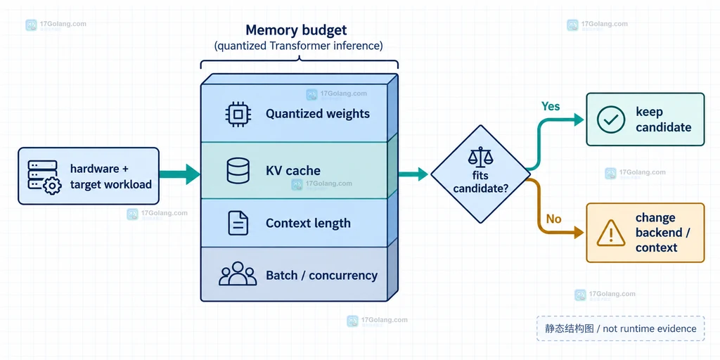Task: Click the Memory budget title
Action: point(296,30)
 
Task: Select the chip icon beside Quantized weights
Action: point(238,114)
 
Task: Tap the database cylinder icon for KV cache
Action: point(238,171)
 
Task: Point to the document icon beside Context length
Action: point(238,223)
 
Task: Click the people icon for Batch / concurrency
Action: point(238,274)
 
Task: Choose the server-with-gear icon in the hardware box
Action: point(44,177)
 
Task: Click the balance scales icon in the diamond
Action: point(480,157)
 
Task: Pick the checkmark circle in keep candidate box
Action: point(611,120)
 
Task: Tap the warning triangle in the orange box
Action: point(611,233)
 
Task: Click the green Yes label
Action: point(551,107)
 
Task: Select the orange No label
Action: point(554,219)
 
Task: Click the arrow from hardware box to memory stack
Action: point(179,174)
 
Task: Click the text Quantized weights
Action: point(318,114)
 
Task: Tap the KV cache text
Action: point(293,171)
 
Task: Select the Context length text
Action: point(308,223)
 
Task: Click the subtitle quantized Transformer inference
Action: point(298,46)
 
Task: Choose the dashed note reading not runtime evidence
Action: point(620,328)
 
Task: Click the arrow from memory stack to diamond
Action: point(413,174)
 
